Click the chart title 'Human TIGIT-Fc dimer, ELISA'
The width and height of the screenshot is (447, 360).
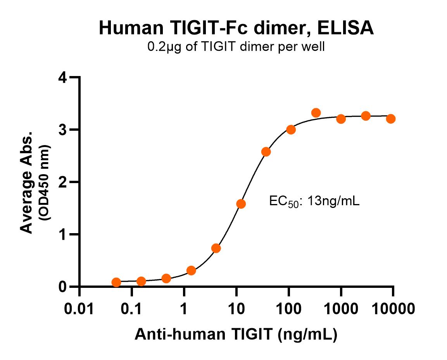pos(236,28)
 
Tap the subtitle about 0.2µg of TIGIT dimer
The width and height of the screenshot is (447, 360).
pos(235,47)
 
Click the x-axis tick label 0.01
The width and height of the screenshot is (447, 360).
pos(79,309)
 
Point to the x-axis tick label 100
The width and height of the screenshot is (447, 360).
pos(288,309)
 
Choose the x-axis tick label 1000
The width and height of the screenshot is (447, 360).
pos(341,309)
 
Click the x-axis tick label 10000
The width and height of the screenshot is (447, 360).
pos(393,309)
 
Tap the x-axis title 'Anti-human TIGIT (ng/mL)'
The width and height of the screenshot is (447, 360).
pos(236,334)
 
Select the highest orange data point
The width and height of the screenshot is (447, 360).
pos(316,113)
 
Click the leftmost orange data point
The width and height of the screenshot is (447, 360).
pos(116,282)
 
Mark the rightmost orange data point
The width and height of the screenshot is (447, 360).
pos(391,119)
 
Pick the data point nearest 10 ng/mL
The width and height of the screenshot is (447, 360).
pos(241,204)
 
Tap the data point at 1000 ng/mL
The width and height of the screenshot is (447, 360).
pos(341,119)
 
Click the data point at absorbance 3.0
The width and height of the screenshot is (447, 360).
pos(291,130)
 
